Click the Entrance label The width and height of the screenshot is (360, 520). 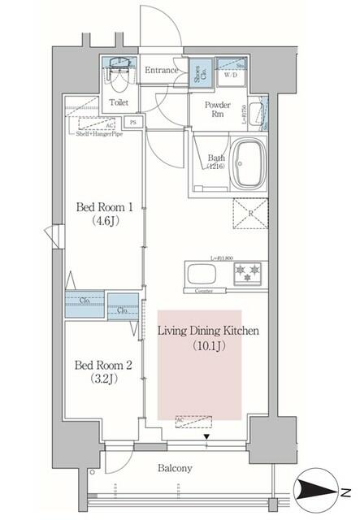pos(161,71)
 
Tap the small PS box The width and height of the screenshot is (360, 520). pos(133,122)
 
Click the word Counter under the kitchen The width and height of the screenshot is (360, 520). pos(204,290)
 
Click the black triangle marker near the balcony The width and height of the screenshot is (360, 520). pos(206,437)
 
